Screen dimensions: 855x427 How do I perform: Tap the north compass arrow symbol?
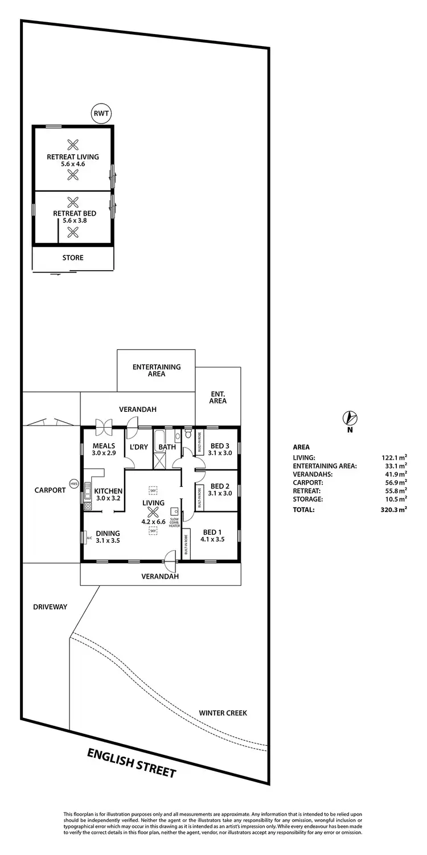click(x=350, y=419)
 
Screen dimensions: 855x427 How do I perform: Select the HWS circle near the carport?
click(x=73, y=484)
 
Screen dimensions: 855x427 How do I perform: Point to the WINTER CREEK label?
click(x=223, y=713)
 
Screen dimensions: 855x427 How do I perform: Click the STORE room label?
click(x=73, y=258)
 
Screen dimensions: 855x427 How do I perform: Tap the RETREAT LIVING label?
click(x=73, y=156)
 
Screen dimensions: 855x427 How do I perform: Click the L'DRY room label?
click(x=139, y=447)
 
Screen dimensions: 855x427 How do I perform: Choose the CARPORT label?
click(x=50, y=490)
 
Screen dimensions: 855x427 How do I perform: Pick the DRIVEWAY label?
click(x=50, y=607)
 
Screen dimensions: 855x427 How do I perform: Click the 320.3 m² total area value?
click(x=395, y=510)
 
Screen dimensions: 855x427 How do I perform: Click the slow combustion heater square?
click(x=174, y=511)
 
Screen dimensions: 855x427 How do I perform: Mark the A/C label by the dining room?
click(x=89, y=536)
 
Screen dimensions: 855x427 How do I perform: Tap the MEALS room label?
click(x=104, y=445)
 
